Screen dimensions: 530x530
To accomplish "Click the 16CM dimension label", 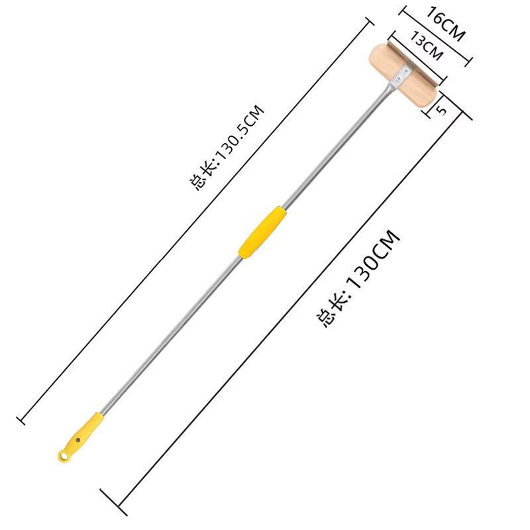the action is [x=445, y=24].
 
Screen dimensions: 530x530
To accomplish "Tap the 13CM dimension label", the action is [x=426, y=46].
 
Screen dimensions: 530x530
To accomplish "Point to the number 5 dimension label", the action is [x=442, y=110].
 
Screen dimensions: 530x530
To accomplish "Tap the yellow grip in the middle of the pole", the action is [x=262, y=233].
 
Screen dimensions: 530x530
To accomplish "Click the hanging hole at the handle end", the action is [x=63, y=456].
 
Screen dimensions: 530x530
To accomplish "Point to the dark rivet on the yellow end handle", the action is [x=78, y=440].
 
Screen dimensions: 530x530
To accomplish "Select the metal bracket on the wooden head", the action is [x=401, y=74].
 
